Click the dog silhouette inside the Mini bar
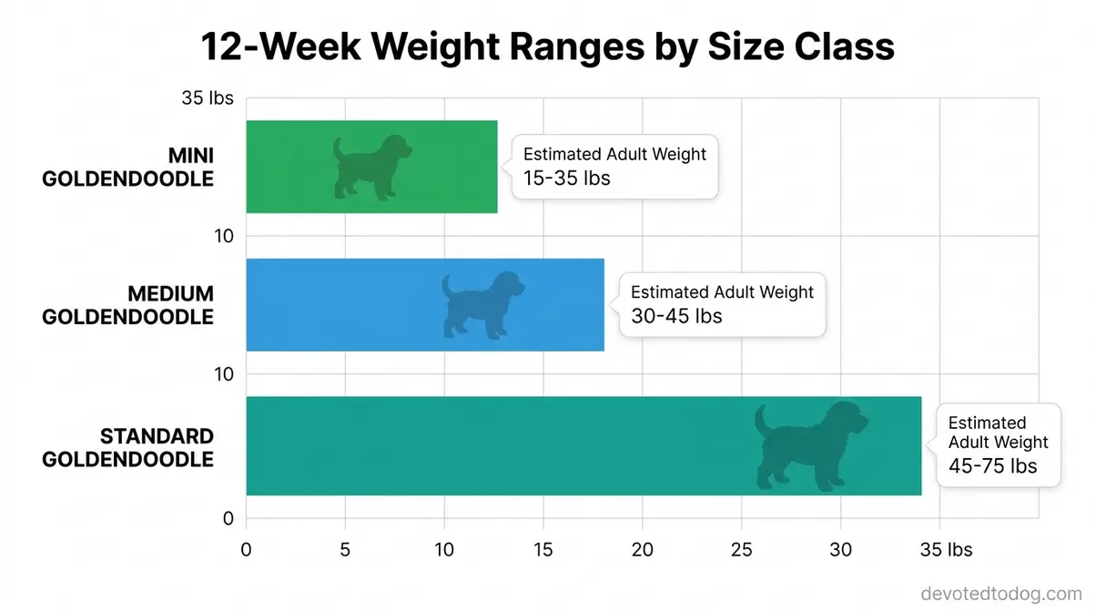pos(370,167)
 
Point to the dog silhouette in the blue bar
pos(482,304)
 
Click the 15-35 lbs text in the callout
pos(566,178)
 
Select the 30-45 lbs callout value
pos(676,316)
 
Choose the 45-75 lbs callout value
pos(992,465)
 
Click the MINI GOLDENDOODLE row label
pos(127,168)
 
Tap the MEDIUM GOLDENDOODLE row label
pos(127,306)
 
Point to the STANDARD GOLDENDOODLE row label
pos(127,447)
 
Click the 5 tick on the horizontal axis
pos(345,550)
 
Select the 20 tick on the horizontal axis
pos(643,550)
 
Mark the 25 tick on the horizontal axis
pos(742,550)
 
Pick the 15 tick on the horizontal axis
pos(543,550)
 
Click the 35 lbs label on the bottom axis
pos(947,550)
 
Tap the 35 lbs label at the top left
pos(208,98)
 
